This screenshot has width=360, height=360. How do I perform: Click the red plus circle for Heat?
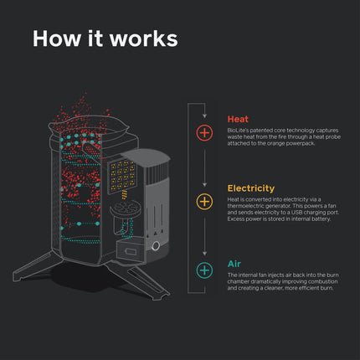pyautogui.click(x=204, y=132)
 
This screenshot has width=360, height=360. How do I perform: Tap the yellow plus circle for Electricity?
pyautogui.click(x=204, y=202)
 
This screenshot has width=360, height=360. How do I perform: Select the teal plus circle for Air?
pyautogui.click(x=204, y=270)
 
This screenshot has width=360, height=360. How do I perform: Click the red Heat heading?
pyautogui.click(x=238, y=120)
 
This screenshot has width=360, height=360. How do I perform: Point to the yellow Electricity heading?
pyautogui.click(x=253, y=188)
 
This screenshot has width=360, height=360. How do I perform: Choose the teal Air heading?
pyautogui.click(x=234, y=264)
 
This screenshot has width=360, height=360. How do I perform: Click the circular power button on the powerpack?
pyautogui.click(x=156, y=245)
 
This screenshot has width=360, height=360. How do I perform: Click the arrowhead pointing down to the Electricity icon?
pyautogui.click(x=204, y=183)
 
